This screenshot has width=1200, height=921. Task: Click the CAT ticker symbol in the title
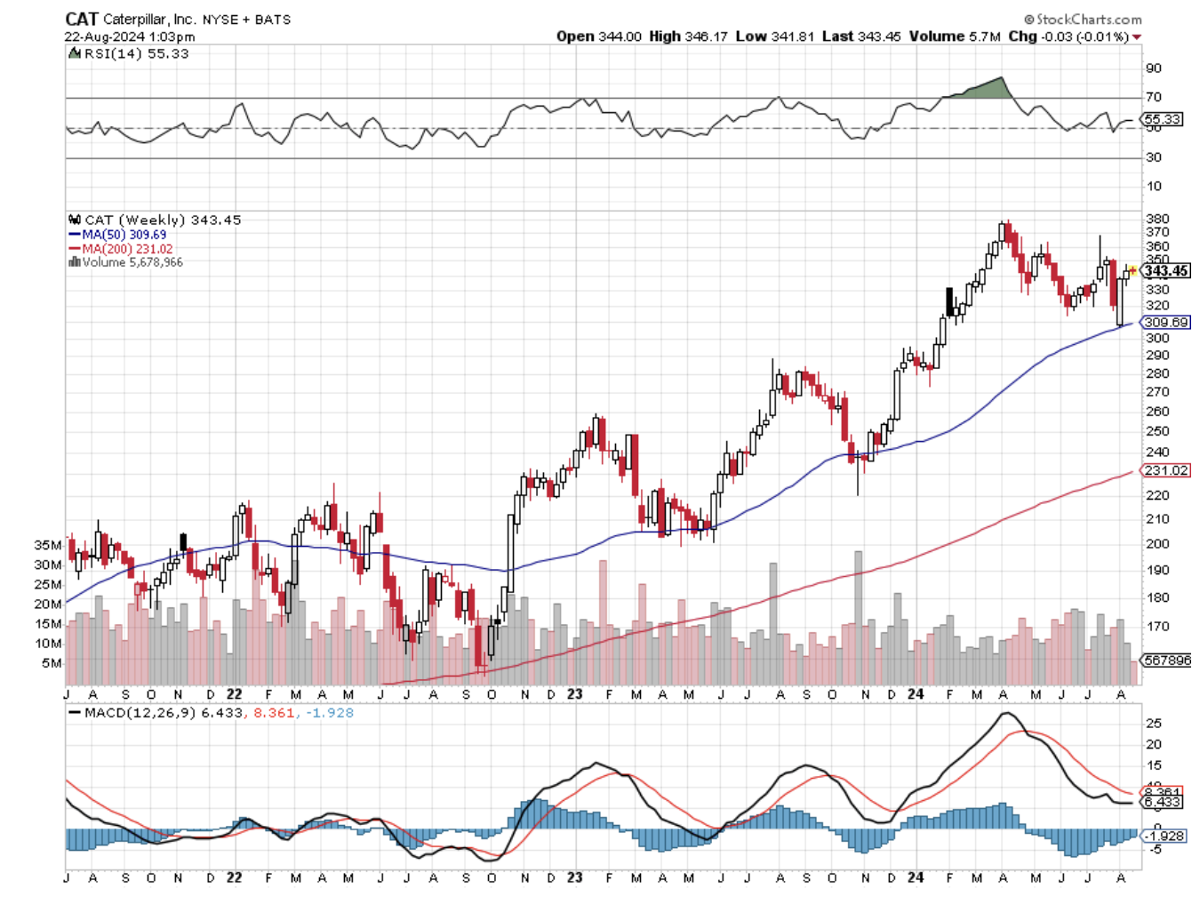point(82,19)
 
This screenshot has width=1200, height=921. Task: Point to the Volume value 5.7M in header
point(984,36)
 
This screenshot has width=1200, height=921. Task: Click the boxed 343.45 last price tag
point(1166,271)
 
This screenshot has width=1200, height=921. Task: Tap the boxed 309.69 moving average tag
point(1166,323)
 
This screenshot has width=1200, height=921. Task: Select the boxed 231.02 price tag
point(1166,470)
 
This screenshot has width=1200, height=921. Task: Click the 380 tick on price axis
point(1157,219)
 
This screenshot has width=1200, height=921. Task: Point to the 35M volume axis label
point(48,545)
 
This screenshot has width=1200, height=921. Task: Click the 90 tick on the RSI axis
point(1154,68)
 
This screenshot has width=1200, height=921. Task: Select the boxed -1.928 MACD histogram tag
point(1164,837)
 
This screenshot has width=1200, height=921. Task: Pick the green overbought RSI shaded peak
point(985,88)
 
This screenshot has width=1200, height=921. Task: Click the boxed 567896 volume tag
point(1166,661)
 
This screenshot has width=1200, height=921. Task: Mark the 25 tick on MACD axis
point(1154,724)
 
